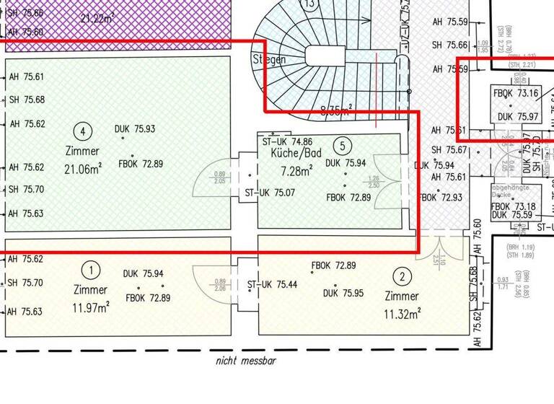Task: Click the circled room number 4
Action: [x=84, y=131]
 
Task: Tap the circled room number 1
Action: [x=91, y=271]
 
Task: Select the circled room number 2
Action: [x=403, y=275]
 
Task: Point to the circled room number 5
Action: [x=341, y=146]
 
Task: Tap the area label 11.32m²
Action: [x=403, y=313]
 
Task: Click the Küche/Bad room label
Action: [x=295, y=154]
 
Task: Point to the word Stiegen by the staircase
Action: [x=269, y=59]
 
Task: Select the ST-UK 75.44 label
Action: [x=273, y=284]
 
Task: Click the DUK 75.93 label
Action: [x=135, y=129]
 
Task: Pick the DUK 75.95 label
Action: [x=343, y=293]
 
